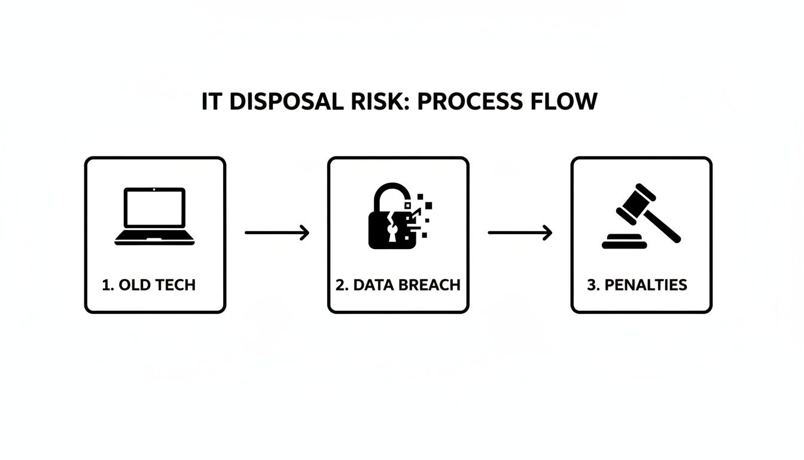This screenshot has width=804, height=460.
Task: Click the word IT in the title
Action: click(211, 102)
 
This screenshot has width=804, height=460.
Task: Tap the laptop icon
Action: click(155, 216)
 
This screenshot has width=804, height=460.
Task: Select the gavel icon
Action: click(641, 216)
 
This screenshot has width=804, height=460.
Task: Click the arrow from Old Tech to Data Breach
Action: click(277, 232)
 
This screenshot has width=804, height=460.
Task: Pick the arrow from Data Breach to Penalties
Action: click(520, 232)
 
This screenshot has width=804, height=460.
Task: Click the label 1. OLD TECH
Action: click(149, 285)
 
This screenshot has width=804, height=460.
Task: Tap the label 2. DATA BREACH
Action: click(398, 285)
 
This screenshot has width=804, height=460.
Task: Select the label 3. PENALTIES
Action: click(637, 285)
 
